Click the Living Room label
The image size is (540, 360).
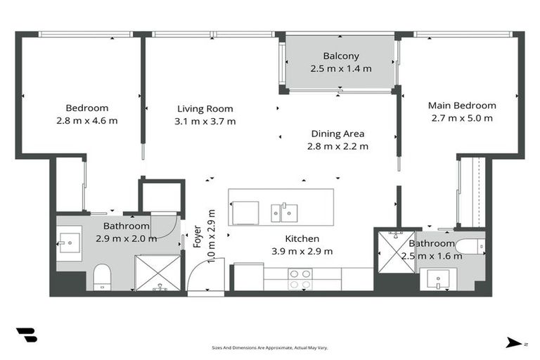205,109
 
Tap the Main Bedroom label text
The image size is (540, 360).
462,105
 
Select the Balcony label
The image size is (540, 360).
341,56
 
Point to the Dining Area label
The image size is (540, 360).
337,134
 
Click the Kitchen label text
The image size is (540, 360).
302,239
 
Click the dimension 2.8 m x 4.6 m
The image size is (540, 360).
87,121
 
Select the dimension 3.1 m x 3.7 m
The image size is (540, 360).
205,121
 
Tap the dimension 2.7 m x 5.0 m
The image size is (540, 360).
462,118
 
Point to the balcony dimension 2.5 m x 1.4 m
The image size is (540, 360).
341,69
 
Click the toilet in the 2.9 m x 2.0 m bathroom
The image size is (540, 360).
102,276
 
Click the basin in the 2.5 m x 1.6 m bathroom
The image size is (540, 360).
438,279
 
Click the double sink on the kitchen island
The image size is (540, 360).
284,212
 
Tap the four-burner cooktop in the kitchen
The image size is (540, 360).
300,279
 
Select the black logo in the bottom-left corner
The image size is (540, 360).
27,335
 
